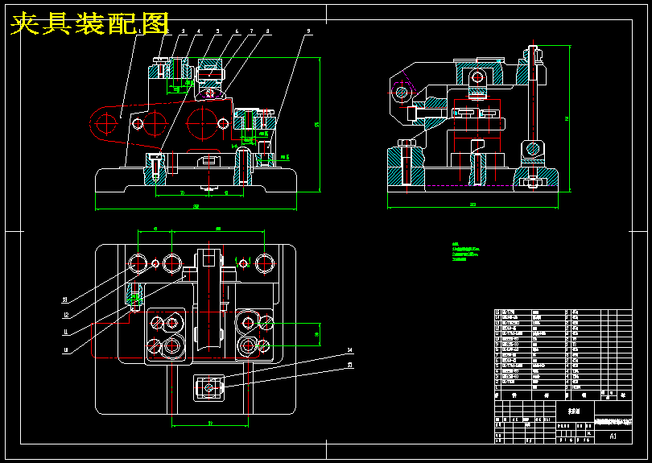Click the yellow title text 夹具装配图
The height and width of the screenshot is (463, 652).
coord(90,24)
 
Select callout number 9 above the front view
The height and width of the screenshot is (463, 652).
coord(307,31)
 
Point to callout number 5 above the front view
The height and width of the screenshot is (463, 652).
coord(217,31)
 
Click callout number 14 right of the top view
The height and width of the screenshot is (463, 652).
coord(350,350)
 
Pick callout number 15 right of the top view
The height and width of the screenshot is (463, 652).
coord(350,365)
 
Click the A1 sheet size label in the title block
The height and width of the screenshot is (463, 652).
coord(613,436)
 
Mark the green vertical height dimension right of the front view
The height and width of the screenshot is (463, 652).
coord(318,125)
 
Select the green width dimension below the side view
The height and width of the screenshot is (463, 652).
coord(472,207)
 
